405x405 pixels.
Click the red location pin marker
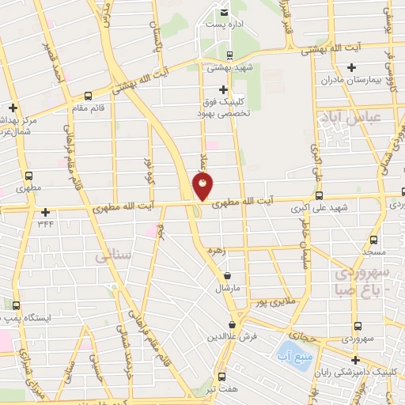point(202,187)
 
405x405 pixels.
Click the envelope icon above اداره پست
point(224,13)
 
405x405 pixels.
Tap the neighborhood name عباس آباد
point(343,119)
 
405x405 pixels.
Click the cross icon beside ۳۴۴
point(46,212)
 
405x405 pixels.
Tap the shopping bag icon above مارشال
point(228,276)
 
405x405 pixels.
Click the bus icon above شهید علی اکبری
point(319,195)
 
